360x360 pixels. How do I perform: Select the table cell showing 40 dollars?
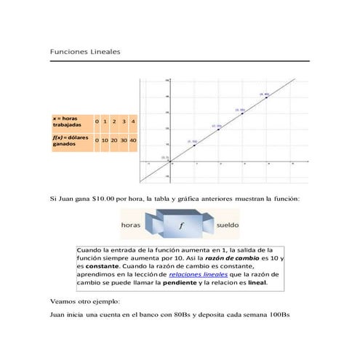pyautogui.click(x=132, y=139)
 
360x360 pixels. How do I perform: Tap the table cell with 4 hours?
pyautogui.click(x=132, y=120)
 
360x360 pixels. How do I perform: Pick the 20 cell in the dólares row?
pyautogui.click(x=114, y=139)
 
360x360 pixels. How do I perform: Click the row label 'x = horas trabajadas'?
pyautogui.click(x=70, y=121)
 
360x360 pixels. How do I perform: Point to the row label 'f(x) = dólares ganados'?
pyautogui.click(x=70, y=140)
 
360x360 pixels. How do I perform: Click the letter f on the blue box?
pyautogui.click(x=180, y=225)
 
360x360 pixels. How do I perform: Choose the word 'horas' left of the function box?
pyautogui.click(x=130, y=225)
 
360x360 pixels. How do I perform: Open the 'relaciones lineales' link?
pyautogui.click(x=198, y=275)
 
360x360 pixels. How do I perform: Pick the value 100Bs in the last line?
pyautogui.click(x=277, y=314)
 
